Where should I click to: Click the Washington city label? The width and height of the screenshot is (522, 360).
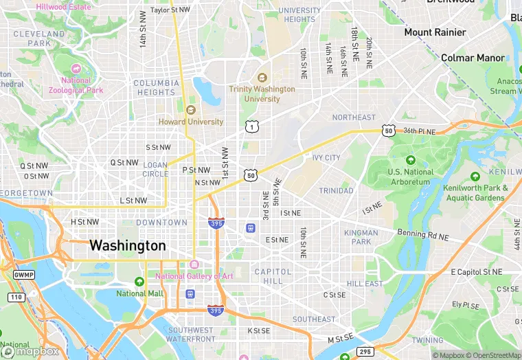pyautogui.click(x=128, y=245)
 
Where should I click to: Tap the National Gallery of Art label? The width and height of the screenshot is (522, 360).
pyautogui.click(x=194, y=276)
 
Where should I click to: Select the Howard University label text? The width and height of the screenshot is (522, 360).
pyautogui.click(x=191, y=122)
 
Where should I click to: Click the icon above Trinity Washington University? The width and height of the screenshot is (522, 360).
pyautogui.click(x=262, y=78)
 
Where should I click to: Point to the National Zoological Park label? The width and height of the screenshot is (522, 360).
pyautogui.click(x=76, y=85)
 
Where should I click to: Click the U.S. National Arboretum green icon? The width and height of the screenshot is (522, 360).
pyautogui.click(x=411, y=160)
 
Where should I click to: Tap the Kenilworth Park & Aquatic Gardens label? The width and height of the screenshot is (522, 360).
pyautogui.click(x=475, y=193)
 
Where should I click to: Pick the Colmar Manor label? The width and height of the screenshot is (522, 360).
pyautogui.click(x=473, y=58)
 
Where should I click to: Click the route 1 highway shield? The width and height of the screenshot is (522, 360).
pyautogui.click(x=252, y=126)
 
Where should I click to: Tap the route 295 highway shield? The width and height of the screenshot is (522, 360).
pyautogui.click(x=365, y=352)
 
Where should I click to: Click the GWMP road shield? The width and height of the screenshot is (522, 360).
pyautogui.click(x=23, y=275)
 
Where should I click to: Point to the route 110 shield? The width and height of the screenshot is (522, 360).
pyautogui.click(x=16, y=297)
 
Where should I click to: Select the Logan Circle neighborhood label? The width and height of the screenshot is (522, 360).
pyautogui.click(x=155, y=169)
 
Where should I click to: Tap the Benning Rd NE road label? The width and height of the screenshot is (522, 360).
pyautogui.click(x=424, y=236)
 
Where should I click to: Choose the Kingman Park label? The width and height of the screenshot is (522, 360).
pyautogui.click(x=361, y=237)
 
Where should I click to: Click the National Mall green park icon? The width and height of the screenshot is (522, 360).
pyautogui.click(x=140, y=282)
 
